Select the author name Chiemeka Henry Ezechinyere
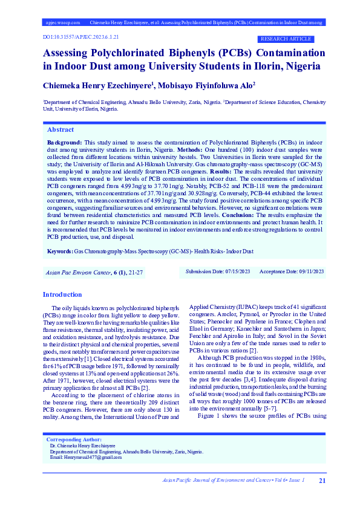point(96,86)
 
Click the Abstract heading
point(61,130)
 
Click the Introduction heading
point(62,294)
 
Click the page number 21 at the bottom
point(322,480)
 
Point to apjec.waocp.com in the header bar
point(63,22)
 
